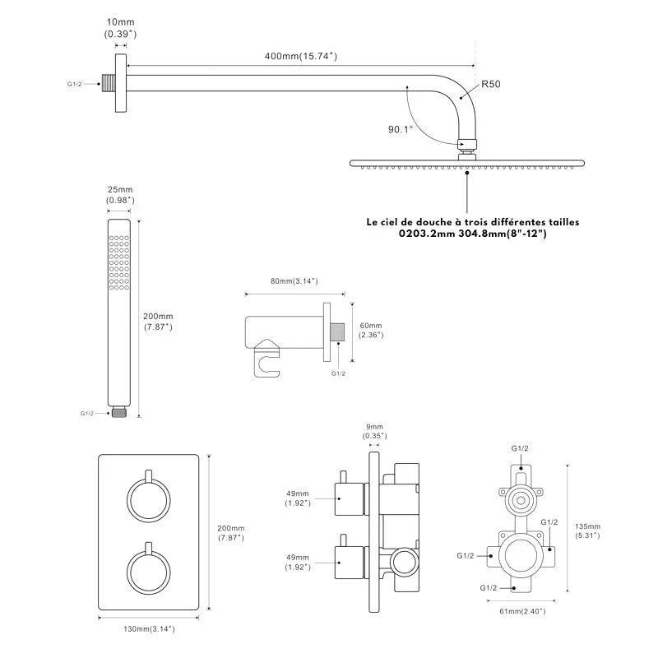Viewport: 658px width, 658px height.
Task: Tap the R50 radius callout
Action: pyautogui.click(x=491, y=84)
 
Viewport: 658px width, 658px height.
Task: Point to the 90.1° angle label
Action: pyautogui.click(x=401, y=130)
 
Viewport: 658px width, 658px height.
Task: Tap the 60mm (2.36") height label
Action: pyautogui.click(x=371, y=329)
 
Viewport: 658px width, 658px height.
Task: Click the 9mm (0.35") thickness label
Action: pyautogui.click(x=374, y=430)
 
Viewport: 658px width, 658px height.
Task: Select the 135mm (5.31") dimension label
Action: pyautogui.click(x=587, y=531)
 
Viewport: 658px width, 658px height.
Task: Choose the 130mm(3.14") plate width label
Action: pyautogui.click(x=149, y=629)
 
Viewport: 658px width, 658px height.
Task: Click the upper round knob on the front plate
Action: pyautogui.click(x=149, y=498)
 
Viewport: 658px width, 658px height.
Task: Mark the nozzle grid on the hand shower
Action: pyautogui.click(x=120, y=263)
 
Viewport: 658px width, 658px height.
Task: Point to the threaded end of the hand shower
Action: pyautogui.click(x=120, y=414)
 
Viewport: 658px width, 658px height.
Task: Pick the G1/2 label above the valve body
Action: pyautogui.click(x=520, y=448)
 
